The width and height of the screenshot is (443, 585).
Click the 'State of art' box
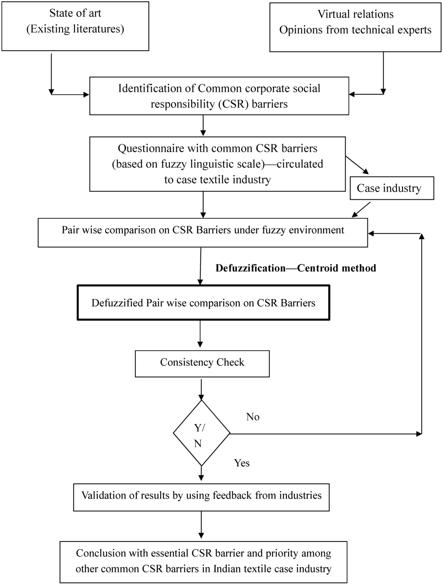(75, 26)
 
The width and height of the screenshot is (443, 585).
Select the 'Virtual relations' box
(355, 27)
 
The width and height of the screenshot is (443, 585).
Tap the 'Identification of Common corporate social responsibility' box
(219, 96)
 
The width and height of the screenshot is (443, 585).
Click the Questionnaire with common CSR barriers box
(217, 164)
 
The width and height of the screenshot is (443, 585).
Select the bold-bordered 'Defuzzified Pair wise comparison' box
(203, 303)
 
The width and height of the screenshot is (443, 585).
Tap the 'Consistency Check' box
(202, 364)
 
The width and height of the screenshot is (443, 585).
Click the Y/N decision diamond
(202, 433)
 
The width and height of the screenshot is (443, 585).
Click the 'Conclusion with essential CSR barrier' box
(203, 561)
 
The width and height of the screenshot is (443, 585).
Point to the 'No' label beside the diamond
(253, 417)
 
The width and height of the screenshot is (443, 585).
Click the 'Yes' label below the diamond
(242, 463)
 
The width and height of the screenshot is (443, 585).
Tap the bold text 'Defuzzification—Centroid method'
(295, 268)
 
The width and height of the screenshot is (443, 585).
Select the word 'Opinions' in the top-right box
(299, 30)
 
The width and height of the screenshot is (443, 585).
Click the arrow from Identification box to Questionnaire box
(203, 126)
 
